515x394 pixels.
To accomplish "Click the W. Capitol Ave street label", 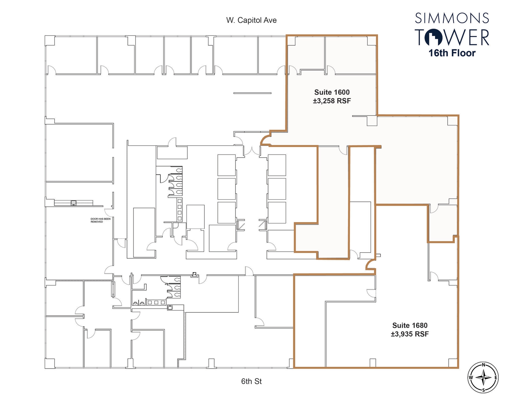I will [x=251, y=20].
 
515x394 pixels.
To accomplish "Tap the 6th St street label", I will [x=251, y=381].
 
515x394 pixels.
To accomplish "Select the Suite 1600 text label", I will [x=332, y=92].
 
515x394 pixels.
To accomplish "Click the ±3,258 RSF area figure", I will [x=332, y=101].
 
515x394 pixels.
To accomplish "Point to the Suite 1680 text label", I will [x=410, y=325].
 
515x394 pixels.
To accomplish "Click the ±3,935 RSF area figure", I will [x=410, y=334].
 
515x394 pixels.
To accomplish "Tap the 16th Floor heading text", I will [x=452, y=53].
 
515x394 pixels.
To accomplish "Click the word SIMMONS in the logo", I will [x=452, y=18].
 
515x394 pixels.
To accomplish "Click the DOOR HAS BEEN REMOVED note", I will [x=100, y=220].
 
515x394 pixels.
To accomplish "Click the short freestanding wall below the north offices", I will [x=252, y=93].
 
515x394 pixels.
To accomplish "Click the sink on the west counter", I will [x=73, y=203].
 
